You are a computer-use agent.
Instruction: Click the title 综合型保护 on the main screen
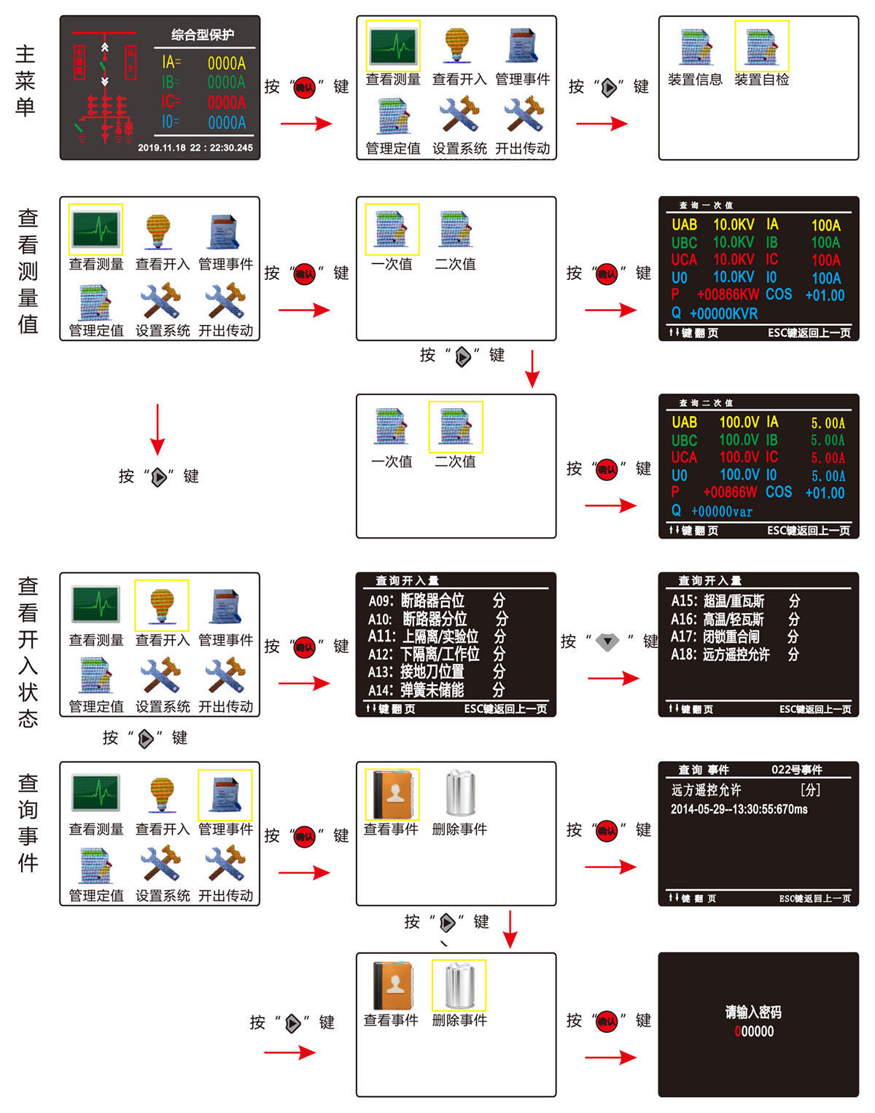[x=202, y=35]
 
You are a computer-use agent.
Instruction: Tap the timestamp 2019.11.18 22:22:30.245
[x=195, y=148]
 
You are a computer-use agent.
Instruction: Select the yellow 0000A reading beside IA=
[x=226, y=63]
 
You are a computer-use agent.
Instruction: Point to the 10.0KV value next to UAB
[x=733, y=224]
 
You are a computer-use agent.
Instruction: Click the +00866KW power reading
[x=728, y=295]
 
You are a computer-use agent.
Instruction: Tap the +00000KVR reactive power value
[x=723, y=313]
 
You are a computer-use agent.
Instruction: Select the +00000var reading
[x=721, y=512]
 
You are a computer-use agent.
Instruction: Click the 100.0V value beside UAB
[x=739, y=422]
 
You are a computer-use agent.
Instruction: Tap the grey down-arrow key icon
[x=607, y=642]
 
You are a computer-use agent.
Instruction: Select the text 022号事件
[x=796, y=770]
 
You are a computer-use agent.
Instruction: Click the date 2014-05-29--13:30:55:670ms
[x=739, y=809]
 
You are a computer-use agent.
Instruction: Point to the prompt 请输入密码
[x=753, y=1012]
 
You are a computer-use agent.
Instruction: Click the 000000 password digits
[x=754, y=1031]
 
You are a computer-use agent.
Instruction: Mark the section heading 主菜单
[x=26, y=80]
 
